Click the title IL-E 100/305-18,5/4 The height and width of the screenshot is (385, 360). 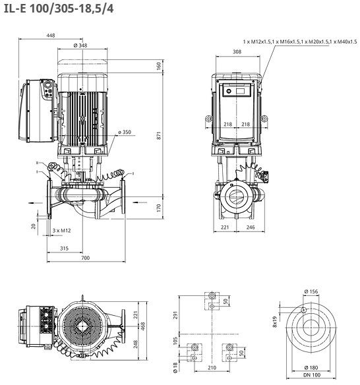(59, 9)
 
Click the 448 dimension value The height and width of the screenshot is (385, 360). (51, 36)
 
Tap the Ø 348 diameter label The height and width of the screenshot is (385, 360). (80, 45)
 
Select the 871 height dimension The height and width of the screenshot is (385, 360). (159, 136)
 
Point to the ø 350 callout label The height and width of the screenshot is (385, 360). (125, 132)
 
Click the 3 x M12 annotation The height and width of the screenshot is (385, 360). (61, 231)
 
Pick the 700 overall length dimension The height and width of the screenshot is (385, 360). (85, 258)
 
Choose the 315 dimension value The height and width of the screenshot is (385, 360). (65, 249)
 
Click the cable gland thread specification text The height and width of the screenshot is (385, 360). (300, 42)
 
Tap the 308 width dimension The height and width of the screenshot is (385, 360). (237, 52)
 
